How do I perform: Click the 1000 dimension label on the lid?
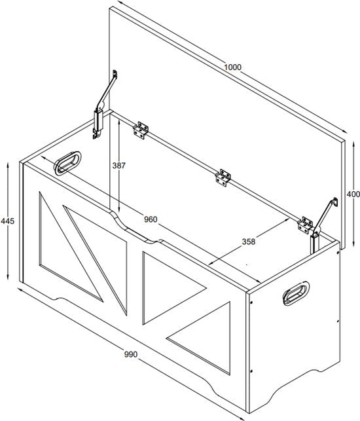(x=233, y=67)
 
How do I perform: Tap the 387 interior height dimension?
(x=118, y=166)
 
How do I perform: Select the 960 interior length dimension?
(x=151, y=219)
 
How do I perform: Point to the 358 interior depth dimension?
(x=249, y=242)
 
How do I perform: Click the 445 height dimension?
(x=7, y=221)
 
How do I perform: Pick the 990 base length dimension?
(x=131, y=354)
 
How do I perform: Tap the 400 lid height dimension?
(x=353, y=194)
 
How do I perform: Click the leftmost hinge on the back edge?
(x=141, y=130)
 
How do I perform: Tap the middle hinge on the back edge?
(x=223, y=178)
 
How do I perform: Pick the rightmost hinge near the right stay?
(x=305, y=225)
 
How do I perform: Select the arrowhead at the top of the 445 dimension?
(x=8, y=165)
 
